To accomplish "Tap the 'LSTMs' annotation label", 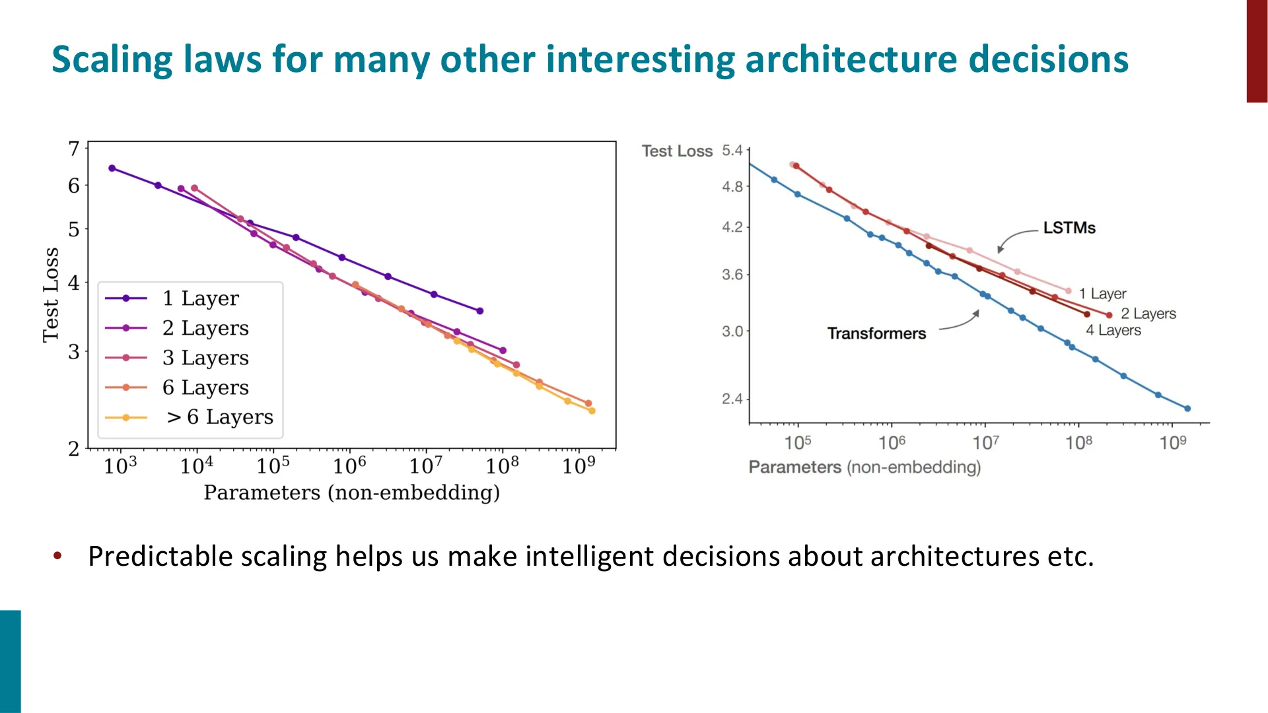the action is [1069, 228].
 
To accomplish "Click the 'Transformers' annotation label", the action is [876, 333].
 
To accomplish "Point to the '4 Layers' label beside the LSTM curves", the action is [1113, 330].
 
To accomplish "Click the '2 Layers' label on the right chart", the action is [1148, 314].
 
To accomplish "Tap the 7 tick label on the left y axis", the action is [74, 149].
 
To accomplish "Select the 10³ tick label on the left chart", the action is [120, 465].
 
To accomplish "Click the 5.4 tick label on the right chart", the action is [732, 151].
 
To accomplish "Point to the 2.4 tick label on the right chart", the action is [732, 399].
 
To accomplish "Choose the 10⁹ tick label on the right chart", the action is [1173, 442].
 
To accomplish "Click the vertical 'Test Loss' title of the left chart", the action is [51, 295].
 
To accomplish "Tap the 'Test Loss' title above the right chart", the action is [678, 151].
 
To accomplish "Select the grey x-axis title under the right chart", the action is [864, 467].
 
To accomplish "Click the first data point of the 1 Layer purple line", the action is [112, 168].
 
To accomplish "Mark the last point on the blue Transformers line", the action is [1187, 409].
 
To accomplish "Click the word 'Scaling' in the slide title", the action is [112, 60].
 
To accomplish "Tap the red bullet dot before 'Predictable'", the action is [58, 556].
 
